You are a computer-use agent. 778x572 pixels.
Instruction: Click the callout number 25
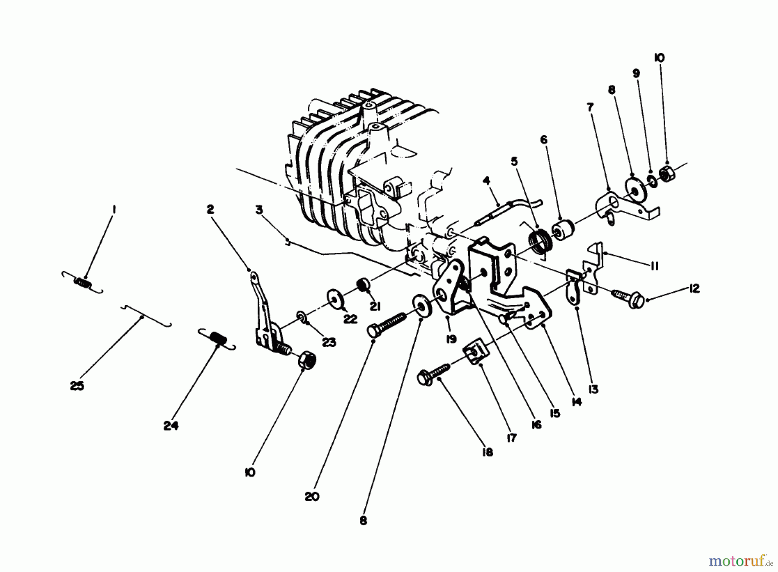click(77, 386)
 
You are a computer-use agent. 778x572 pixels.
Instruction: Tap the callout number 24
click(171, 425)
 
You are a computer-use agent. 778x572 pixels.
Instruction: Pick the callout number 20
click(312, 496)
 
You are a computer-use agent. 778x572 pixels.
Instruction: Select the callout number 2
click(210, 209)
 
